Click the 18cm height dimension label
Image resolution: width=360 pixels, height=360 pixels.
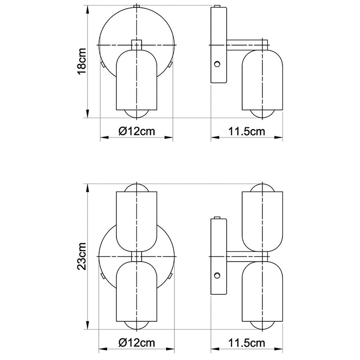[x=82, y=61]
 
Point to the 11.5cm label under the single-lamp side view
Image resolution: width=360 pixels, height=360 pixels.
[x=247, y=131]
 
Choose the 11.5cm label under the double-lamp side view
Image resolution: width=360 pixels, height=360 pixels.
[x=247, y=343]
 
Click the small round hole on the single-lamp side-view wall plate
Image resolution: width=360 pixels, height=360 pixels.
[x=217, y=64]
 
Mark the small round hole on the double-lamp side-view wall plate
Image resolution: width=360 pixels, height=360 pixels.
[x=217, y=275]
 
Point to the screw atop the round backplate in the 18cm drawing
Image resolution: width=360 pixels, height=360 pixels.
[x=136, y=6]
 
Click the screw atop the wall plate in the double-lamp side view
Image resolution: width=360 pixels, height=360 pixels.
[x=217, y=217]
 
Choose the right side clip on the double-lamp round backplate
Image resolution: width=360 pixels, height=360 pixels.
[x=171, y=276]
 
